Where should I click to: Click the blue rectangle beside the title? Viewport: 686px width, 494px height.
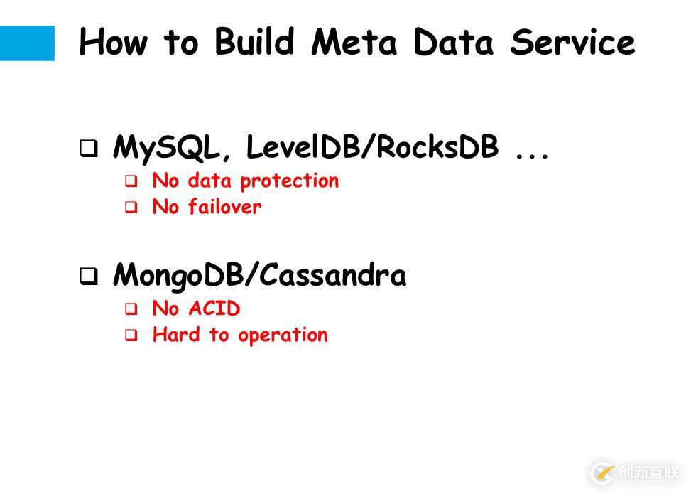pos(27,43)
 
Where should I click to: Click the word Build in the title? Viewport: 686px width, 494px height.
pos(254,41)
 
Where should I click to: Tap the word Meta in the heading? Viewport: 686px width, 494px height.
pos(354,42)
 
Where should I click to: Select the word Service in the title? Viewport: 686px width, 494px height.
pos(572,42)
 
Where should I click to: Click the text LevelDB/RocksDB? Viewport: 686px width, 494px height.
pos(372,146)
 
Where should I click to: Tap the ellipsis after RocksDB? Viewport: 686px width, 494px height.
pos(532,155)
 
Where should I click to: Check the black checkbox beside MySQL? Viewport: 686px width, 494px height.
pos(89,148)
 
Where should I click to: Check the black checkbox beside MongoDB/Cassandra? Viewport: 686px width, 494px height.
pos(89,276)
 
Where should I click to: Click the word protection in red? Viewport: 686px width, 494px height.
pos(290,181)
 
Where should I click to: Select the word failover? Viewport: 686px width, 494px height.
pos(225,206)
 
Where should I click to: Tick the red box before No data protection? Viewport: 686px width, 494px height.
pos(131,181)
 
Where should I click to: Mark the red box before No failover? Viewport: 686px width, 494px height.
pos(131,207)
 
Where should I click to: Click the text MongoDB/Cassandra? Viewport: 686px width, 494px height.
pos(259,274)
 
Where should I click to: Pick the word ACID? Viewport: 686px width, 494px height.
pos(214,308)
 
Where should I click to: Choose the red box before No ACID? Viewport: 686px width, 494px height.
pos(131,308)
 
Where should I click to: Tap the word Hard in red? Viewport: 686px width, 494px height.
pos(176,335)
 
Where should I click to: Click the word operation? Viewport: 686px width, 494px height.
pos(283,336)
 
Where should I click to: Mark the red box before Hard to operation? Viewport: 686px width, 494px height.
pos(131,335)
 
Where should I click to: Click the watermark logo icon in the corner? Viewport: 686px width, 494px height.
pos(603,473)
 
